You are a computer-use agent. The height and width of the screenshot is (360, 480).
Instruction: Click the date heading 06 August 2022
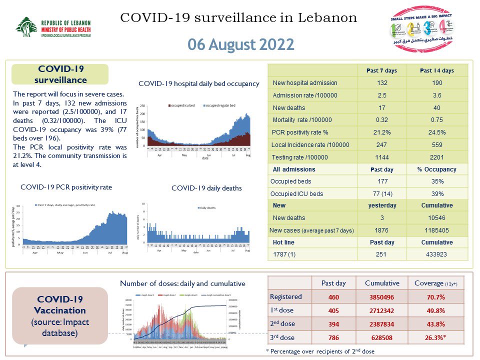(240, 44)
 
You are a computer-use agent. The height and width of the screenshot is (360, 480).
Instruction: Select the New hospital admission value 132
(381, 83)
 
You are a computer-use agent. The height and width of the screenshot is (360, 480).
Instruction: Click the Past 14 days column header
(437, 70)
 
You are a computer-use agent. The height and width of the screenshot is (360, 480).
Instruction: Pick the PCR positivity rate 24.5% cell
(437, 132)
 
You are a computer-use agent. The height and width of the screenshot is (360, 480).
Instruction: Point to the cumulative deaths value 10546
(437, 217)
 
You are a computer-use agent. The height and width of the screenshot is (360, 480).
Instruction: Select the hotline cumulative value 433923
(437, 254)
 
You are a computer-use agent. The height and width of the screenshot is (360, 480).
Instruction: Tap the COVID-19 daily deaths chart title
(206, 188)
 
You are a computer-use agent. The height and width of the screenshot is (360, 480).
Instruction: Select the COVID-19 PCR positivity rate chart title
(66, 187)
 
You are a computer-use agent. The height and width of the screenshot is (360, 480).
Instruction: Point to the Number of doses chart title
(182, 283)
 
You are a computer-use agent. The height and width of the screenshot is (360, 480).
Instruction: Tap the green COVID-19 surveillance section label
(61, 74)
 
